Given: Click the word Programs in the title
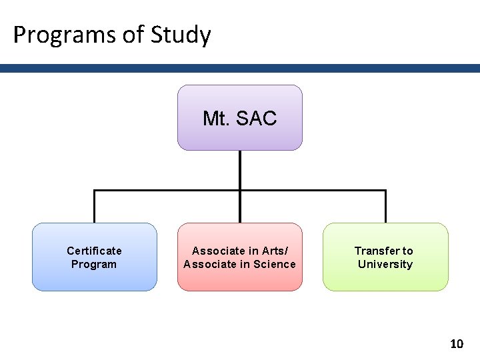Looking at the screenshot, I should click(x=62, y=35).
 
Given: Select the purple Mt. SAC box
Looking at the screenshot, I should click(x=239, y=117).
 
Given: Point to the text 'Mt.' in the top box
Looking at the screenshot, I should click(x=215, y=119).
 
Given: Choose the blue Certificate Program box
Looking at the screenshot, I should click(x=94, y=257).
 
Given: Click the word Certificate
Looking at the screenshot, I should click(x=94, y=251).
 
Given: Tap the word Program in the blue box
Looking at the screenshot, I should click(x=94, y=264).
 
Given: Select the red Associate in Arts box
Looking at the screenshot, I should click(x=239, y=257).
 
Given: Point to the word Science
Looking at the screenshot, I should click(x=270, y=264).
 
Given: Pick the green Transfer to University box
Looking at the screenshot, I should click(x=385, y=257).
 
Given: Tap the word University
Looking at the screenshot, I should click(x=385, y=264).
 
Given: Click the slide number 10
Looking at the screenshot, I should click(x=456, y=344).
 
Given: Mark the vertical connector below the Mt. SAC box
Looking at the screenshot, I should click(x=239, y=170).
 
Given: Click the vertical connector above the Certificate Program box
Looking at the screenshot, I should click(x=94, y=207).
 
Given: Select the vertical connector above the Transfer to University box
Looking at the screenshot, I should click(x=385, y=207).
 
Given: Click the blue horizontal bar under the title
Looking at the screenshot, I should click(x=240, y=68).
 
